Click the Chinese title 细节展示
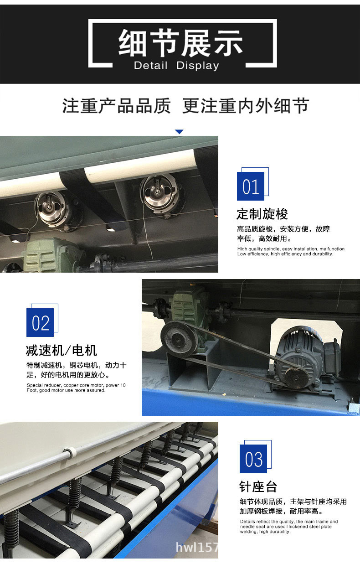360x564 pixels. pyautogui.click(x=181, y=43)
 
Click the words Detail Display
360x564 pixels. pyautogui.click(x=176, y=66)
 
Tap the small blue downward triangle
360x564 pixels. pyautogui.click(x=179, y=132)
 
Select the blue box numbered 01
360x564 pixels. pyautogui.click(x=251, y=186)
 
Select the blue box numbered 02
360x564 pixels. pyautogui.click(x=40, y=323)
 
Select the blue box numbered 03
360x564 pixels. pyautogui.click(x=253, y=459)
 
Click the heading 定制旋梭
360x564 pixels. pyautogui.click(x=262, y=214)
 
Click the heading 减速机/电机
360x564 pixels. pyautogui.click(x=62, y=351)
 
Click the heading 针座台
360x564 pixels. pyautogui.click(x=258, y=486)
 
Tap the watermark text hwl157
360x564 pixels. pyautogui.click(x=197, y=547)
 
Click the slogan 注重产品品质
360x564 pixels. pyautogui.click(x=117, y=106)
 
